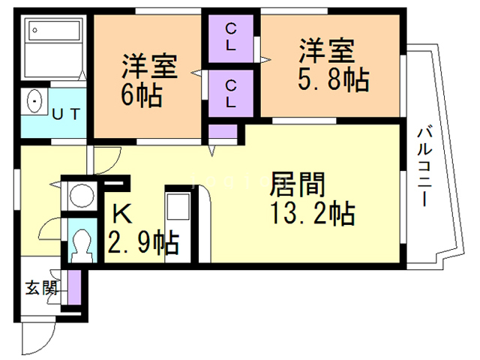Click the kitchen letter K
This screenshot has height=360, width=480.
[x=122, y=214]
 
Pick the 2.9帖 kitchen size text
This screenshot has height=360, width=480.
[x=142, y=242]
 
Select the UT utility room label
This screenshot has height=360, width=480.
[x=70, y=114]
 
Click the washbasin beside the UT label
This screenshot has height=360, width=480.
[x=34, y=102]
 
